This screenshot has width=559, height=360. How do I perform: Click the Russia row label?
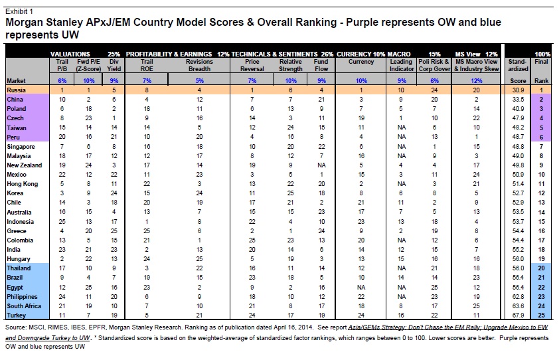[x=16, y=90]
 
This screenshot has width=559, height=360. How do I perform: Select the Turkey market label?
[x=16, y=315]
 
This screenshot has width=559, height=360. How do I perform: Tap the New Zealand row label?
[x=25, y=165]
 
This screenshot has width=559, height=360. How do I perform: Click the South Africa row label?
[x=24, y=306]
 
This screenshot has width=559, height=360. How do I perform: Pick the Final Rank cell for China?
[x=541, y=99]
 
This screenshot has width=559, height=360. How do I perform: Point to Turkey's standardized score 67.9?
[x=518, y=315]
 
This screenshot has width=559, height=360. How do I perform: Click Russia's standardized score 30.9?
[x=518, y=90]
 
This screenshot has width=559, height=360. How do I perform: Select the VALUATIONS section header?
[x=70, y=54]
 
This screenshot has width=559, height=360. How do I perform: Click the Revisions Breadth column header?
[x=199, y=65]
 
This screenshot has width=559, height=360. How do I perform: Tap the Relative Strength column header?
[x=291, y=65]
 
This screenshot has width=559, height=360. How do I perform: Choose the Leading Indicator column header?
[x=402, y=65]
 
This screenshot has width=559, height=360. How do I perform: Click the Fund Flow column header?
[x=321, y=65]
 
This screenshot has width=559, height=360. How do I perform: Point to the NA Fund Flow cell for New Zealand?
[x=321, y=165]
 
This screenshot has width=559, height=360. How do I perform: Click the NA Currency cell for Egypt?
[x=361, y=287]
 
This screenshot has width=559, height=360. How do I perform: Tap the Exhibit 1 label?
[x=19, y=11]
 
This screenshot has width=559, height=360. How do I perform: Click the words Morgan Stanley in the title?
[x=44, y=23]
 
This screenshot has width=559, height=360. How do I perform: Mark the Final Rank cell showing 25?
[x=541, y=315]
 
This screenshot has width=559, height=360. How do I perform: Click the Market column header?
[x=16, y=81]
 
